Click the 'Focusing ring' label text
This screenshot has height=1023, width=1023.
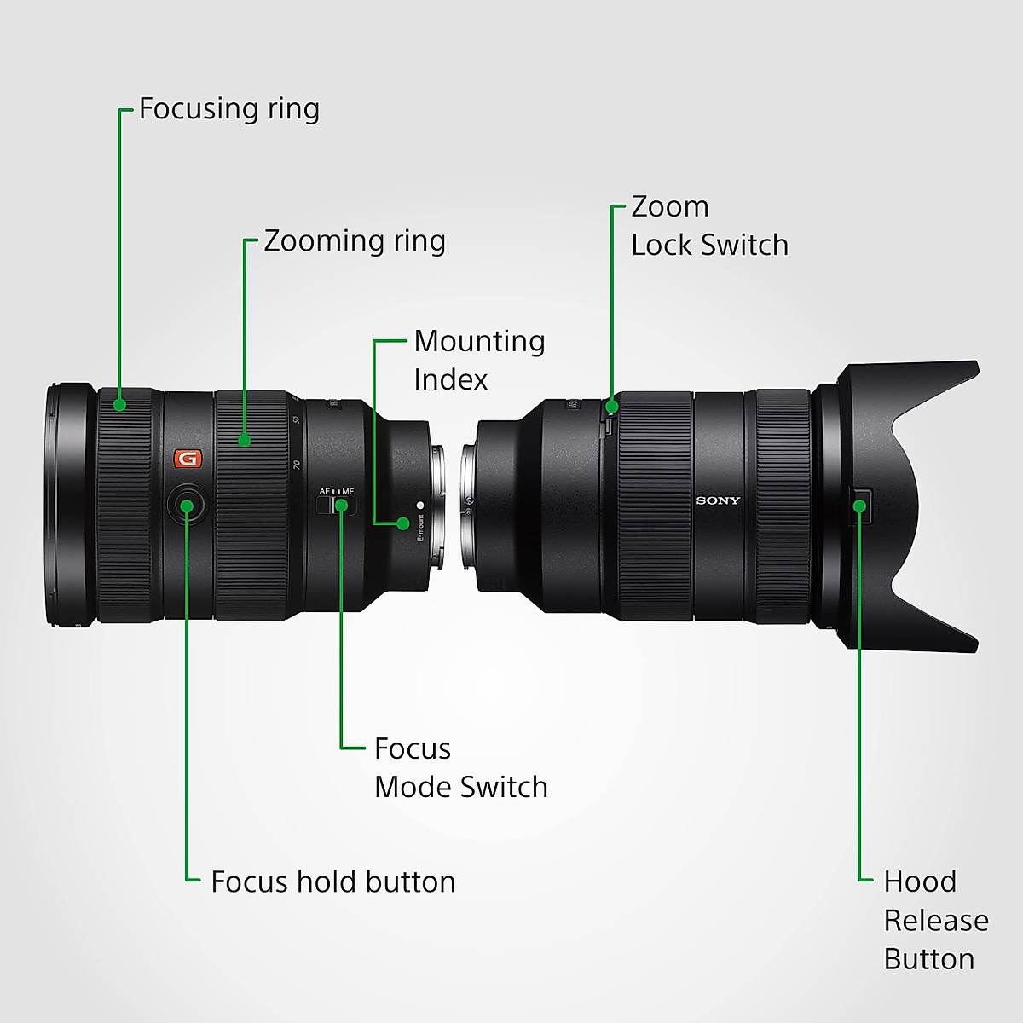[x=228, y=109]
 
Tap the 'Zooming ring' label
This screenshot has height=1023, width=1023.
[x=354, y=241]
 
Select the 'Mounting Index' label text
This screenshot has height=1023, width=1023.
[x=479, y=360]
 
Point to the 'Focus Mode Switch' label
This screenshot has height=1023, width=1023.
[x=460, y=767]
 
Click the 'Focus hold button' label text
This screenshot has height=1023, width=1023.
[x=332, y=881]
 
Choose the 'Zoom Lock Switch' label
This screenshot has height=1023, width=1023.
[x=709, y=226]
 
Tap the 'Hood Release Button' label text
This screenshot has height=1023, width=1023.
[x=935, y=920]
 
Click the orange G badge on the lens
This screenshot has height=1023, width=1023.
[x=187, y=459]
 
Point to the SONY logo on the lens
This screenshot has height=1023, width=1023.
[x=718, y=500]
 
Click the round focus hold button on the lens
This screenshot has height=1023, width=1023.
[x=187, y=504]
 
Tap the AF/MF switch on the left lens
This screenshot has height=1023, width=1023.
[x=332, y=505]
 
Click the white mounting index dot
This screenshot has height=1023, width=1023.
[x=419, y=505]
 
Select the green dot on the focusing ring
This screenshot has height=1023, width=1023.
[x=120, y=404]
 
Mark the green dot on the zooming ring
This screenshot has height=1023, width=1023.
[x=245, y=440]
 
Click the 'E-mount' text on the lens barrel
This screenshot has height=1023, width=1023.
[x=420, y=529]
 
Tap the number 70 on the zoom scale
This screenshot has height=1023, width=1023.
[x=297, y=465]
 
